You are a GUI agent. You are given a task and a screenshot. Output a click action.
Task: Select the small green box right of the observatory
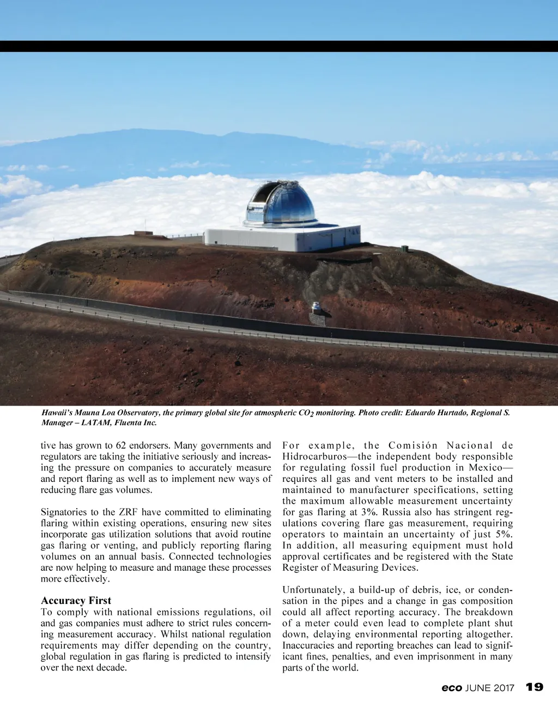(404, 249)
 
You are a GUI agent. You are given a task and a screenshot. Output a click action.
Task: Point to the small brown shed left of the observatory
(143, 233)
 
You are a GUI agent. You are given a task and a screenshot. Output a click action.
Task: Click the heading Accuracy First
(76, 601)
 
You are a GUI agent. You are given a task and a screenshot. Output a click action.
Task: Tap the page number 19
(535, 687)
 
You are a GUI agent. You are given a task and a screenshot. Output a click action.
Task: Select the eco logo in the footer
(452, 688)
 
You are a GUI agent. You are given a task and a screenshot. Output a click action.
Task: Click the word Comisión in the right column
(413, 445)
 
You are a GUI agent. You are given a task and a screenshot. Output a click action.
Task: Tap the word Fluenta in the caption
(128, 422)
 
